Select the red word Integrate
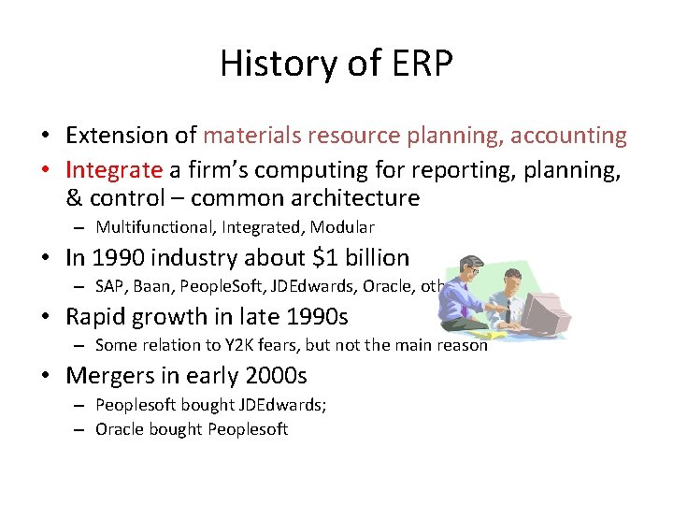pyautogui.click(x=113, y=169)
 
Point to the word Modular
pyautogui.click(x=342, y=227)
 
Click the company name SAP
pyautogui.click(x=111, y=287)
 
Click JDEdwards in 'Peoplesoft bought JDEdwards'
pyautogui.click(x=281, y=405)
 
